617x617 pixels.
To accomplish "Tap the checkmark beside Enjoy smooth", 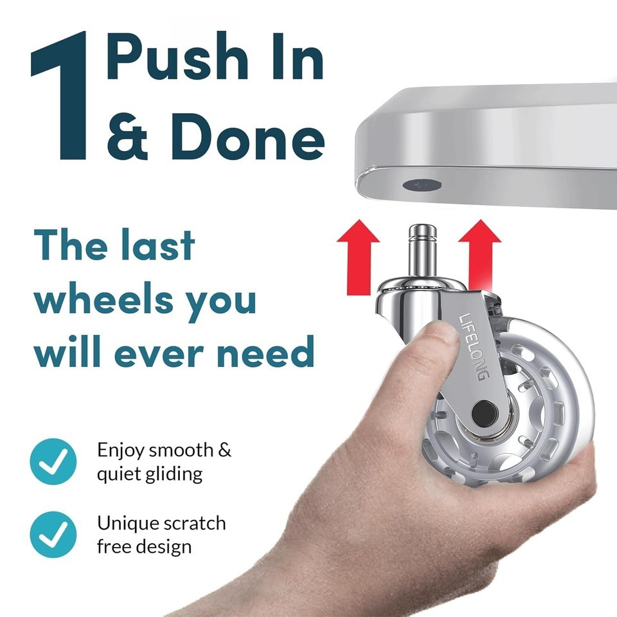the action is (53, 461).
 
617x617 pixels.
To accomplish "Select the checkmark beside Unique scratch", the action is (53, 534).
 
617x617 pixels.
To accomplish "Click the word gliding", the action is (174, 474).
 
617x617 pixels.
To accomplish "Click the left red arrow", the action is (358, 257).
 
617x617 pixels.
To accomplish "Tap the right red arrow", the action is (480, 256).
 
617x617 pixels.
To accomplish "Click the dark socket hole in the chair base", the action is (421, 184).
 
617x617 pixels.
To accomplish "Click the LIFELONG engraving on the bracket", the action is (474, 346).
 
